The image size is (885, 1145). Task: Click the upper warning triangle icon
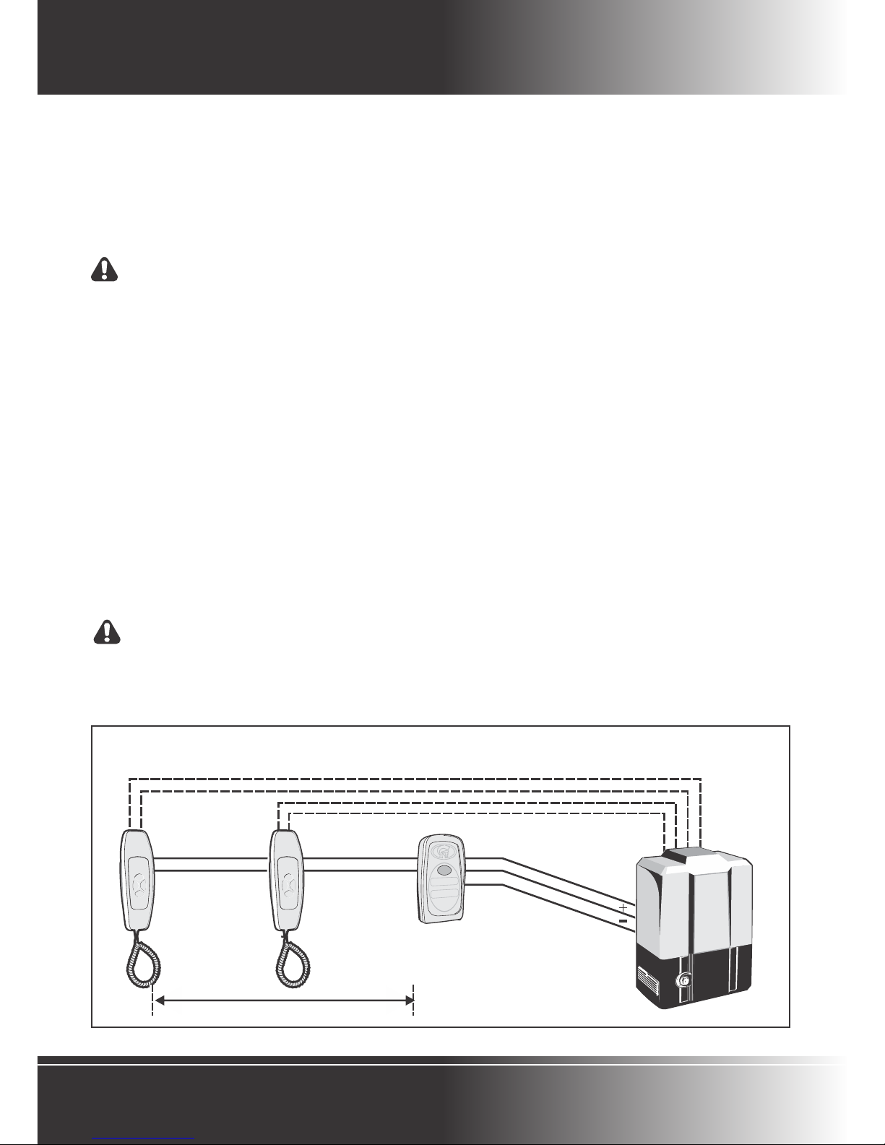(x=106, y=269)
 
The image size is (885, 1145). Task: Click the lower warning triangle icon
(x=108, y=631)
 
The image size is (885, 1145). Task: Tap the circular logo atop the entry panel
(x=440, y=850)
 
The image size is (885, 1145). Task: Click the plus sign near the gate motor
(x=623, y=906)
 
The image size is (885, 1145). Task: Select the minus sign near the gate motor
(x=623, y=921)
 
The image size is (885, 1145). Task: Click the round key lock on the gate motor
(x=681, y=980)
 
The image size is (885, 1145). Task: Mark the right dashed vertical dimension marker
(x=413, y=1001)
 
